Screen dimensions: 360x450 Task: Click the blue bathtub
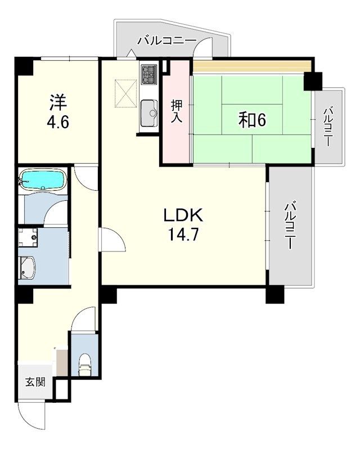[x=41, y=179]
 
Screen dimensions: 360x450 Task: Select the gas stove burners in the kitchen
[x=148, y=74]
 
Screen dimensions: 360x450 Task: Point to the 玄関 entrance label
[x=35, y=382]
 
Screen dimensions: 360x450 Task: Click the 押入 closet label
[x=177, y=111]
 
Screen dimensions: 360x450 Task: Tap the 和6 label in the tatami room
[x=252, y=120]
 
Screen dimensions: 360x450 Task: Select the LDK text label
[x=183, y=215]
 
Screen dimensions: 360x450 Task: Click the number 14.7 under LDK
[x=184, y=235]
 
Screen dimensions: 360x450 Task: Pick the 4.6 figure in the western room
[x=58, y=123]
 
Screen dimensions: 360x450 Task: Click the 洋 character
[x=58, y=102]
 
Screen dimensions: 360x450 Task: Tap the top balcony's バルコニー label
[x=166, y=41]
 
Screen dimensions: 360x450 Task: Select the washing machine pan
[x=28, y=237]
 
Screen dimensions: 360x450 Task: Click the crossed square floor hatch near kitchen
[x=126, y=93]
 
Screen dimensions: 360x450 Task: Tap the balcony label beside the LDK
[x=290, y=226]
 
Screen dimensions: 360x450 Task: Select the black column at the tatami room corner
[x=313, y=81]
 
